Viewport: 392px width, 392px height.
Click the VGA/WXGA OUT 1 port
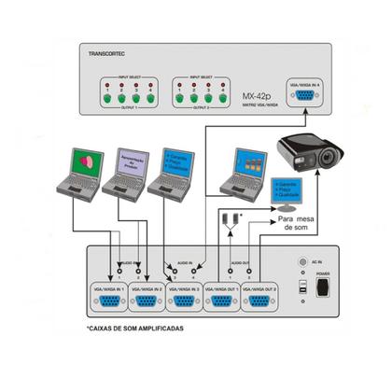[223, 301]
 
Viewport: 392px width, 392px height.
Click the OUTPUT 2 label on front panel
[201, 107]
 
